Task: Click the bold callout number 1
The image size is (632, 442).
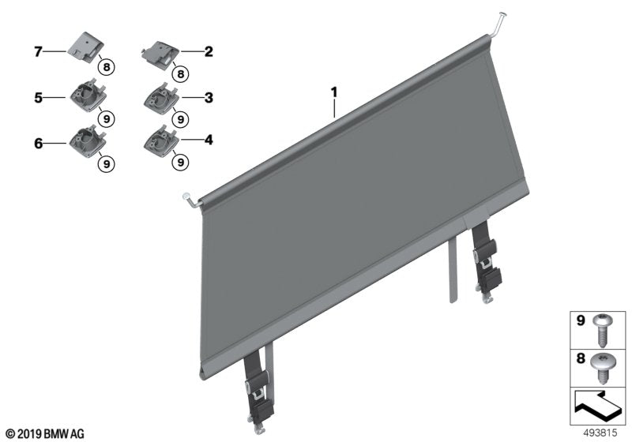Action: tap(333, 92)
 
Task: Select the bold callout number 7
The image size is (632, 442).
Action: tap(38, 51)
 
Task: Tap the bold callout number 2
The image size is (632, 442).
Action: tap(209, 51)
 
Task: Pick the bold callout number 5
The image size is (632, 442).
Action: tap(38, 97)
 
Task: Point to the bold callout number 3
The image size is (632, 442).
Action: tap(209, 97)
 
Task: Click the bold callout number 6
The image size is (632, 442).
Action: tap(38, 143)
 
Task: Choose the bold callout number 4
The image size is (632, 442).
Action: tap(209, 140)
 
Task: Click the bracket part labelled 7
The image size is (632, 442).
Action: tap(85, 48)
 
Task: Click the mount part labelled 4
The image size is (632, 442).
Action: tap(162, 141)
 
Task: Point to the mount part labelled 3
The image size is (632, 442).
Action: tap(162, 99)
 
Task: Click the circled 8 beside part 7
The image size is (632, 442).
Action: tap(107, 67)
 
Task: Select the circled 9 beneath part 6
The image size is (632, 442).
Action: tap(107, 164)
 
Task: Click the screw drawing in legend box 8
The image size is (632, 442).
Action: tap(602, 369)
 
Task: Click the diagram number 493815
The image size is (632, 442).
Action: tap(600, 433)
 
